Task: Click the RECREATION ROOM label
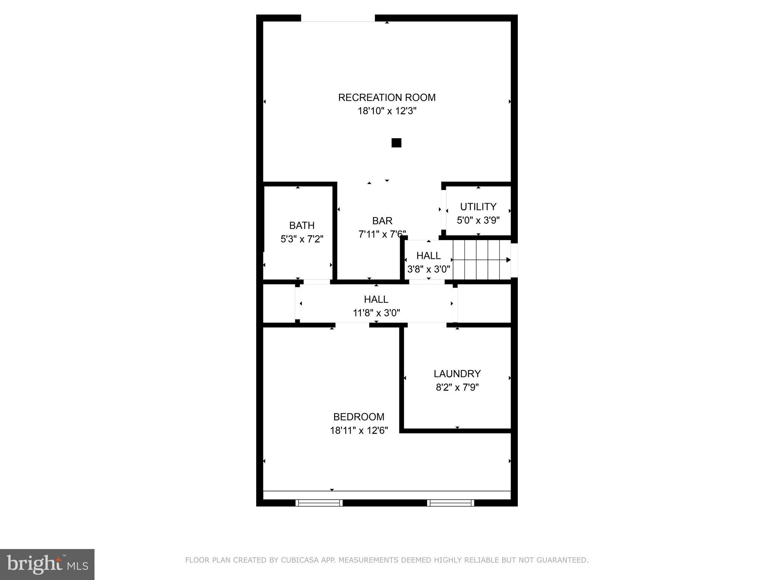(x=387, y=97)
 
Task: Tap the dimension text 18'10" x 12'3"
(x=387, y=111)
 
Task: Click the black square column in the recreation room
(x=396, y=143)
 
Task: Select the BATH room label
(x=302, y=225)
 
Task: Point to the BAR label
(x=382, y=221)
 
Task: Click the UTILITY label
(x=478, y=207)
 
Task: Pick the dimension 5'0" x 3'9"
(x=478, y=220)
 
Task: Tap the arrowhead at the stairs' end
(x=508, y=260)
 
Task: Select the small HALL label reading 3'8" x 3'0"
(x=428, y=256)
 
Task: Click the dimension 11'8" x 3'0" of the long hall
(x=376, y=313)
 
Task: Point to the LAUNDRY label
(x=457, y=374)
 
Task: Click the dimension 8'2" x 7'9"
(x=457, y=387)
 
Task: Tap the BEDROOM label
(x=359, y=417)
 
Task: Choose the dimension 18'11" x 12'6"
(x=359, y=430)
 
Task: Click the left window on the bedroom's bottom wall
(x=319, y=503)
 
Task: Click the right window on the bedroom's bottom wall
(x=450, y=503)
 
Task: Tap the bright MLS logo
(x=47, y=564)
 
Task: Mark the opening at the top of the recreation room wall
(x=338, y=18)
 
